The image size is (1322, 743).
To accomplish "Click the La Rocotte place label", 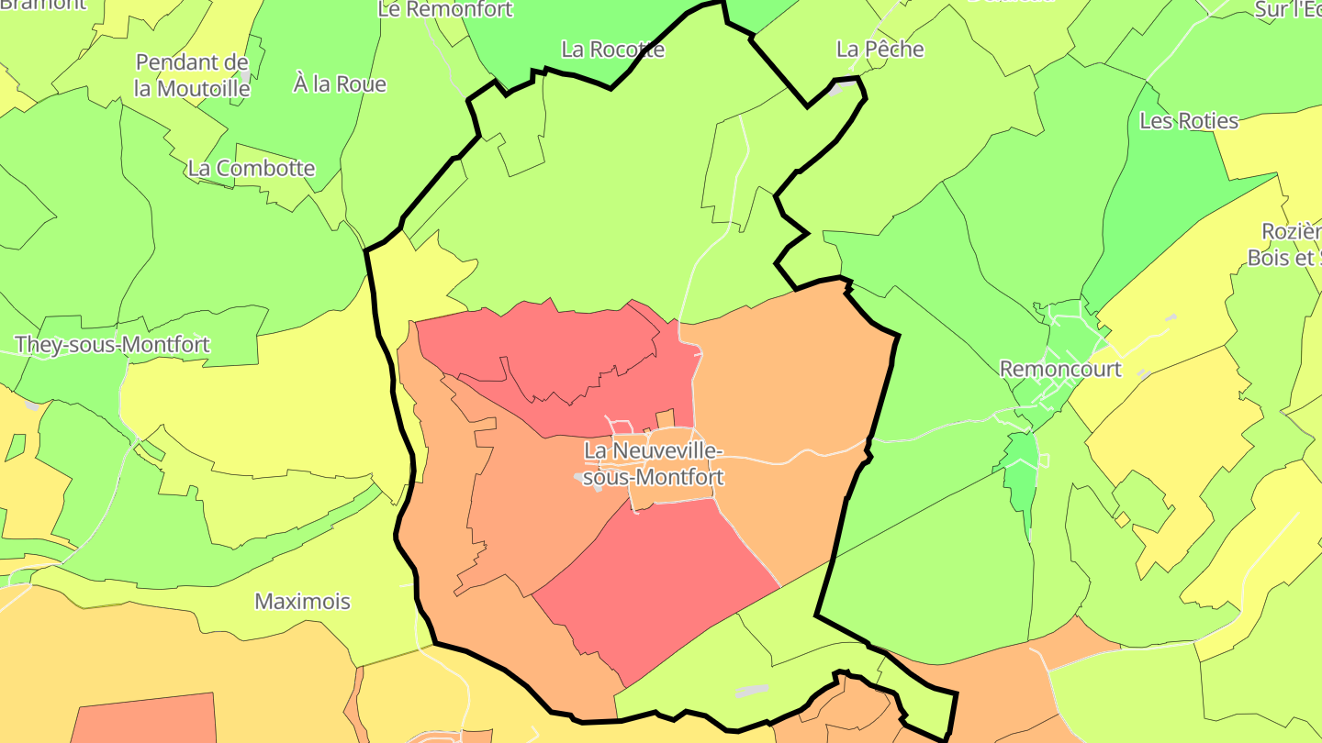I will (612, 50).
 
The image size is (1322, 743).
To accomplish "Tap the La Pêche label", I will (879, 49).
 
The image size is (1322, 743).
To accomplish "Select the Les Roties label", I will (1188, 120).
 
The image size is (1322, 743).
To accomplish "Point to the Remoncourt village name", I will (1060, 369).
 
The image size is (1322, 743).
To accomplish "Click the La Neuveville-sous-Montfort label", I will (653, 464).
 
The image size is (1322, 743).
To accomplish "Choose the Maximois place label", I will (302, 602).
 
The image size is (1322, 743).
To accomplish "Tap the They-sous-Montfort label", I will (112, 345).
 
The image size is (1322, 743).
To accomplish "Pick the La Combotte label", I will (251, 169).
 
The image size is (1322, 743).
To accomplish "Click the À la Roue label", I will (340, 84).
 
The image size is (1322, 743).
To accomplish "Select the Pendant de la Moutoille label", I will (192, 75).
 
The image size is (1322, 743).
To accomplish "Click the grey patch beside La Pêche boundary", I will (836, 90).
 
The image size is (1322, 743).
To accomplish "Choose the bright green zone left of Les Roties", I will (1166, 202).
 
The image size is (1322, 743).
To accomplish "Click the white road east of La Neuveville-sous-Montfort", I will (799, 454).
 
